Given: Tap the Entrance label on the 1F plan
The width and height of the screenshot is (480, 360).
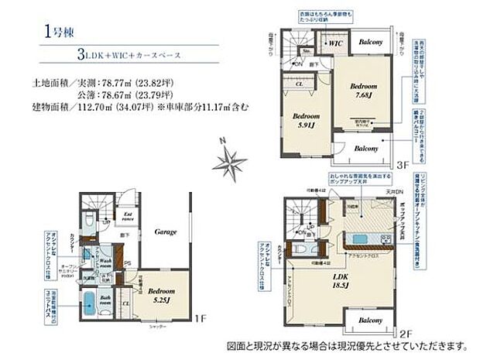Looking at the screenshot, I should coord(129,218).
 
